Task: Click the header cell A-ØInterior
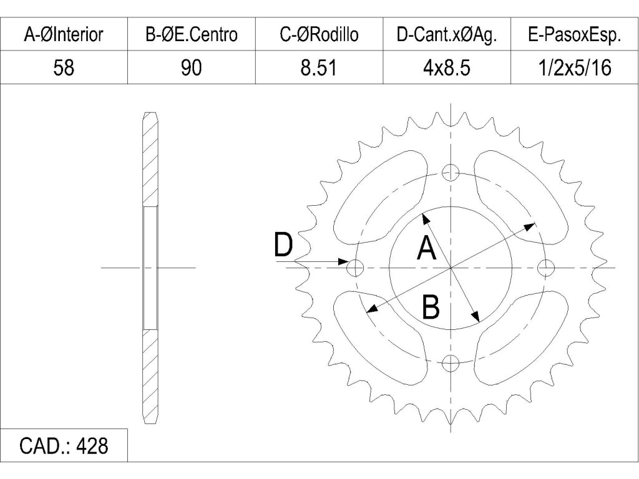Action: coord(64,34)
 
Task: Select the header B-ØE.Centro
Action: coord(192,34)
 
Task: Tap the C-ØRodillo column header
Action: coord(319,34)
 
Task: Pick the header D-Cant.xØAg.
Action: coord(447,34)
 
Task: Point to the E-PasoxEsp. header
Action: coord(575,34)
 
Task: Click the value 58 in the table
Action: coord(64,67)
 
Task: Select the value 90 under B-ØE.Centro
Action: coord(192,67)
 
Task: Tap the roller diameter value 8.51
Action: coord(319,67)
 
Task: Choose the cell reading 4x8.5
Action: coord(447,67)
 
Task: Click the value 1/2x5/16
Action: coord(575,67)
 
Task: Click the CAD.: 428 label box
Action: coord(64,445)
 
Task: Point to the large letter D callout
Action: coord(283,244)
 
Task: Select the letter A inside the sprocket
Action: coord(427,248)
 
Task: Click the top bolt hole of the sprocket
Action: coord(451,172)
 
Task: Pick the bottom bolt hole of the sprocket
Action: coord(451,363)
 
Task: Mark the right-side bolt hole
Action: coord(546,268)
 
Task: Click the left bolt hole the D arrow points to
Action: coord(355,268)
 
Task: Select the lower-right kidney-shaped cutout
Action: coord(522,337)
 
